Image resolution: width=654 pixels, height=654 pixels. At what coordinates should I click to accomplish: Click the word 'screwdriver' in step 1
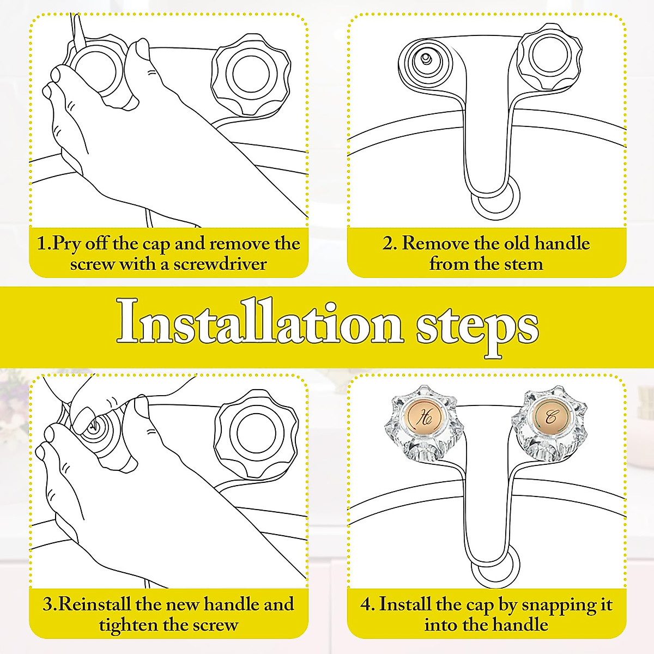pos(220,264)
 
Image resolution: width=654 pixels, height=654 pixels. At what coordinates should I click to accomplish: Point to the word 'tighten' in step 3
pos(128,626)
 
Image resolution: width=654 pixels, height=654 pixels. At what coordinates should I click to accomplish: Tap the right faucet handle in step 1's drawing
pos(251,75)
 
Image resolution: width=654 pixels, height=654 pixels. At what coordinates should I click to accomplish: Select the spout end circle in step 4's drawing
pos(496,565)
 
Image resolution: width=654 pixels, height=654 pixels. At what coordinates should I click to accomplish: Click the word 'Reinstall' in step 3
pos(92,604)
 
